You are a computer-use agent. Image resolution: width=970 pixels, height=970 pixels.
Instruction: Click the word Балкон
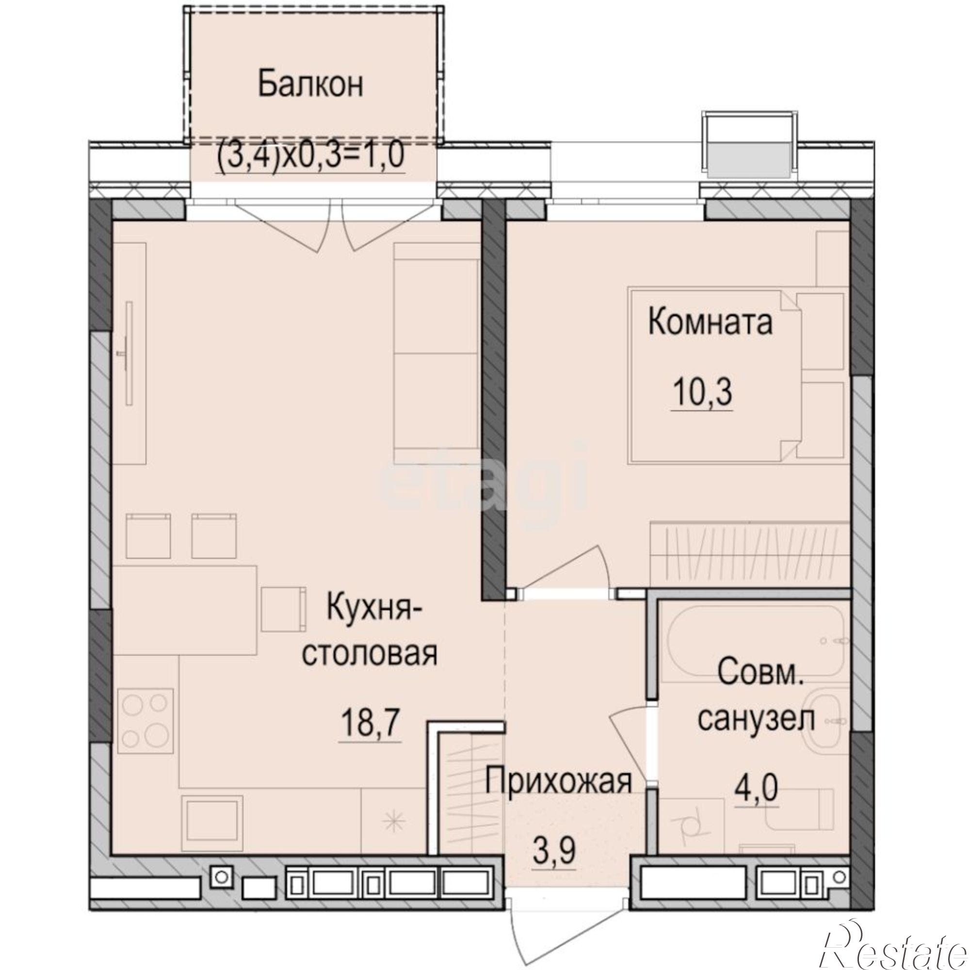[310, 84]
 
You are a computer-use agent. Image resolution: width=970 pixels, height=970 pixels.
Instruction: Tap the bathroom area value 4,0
[757, 788]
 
